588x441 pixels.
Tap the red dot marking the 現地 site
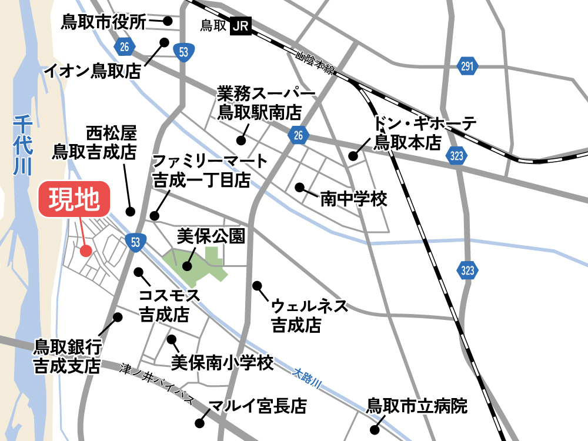86,251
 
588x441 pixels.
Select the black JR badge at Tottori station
240,26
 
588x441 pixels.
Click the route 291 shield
467,66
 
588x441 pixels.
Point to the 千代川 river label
22,145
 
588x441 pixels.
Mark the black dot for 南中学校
299,188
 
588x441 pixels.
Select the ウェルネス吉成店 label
310,316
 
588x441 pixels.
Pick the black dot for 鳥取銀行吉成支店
118,317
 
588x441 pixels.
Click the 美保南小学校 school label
222,362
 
